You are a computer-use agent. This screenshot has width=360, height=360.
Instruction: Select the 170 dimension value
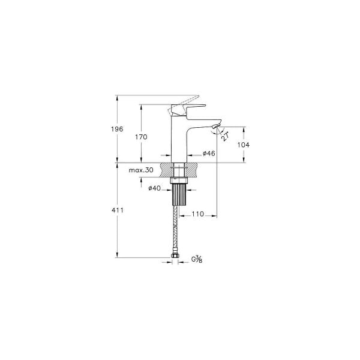[141, 137]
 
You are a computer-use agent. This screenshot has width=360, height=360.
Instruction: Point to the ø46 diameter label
[209, 154]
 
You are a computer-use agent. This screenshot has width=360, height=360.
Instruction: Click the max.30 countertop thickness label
[142, 170]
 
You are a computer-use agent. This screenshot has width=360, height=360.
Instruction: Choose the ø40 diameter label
[155, 189]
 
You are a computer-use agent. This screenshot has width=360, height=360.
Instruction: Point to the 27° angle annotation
[224, 136]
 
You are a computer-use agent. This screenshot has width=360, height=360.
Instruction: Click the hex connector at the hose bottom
[177, 259]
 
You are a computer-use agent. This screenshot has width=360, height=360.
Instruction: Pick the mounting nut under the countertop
[180, 178]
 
